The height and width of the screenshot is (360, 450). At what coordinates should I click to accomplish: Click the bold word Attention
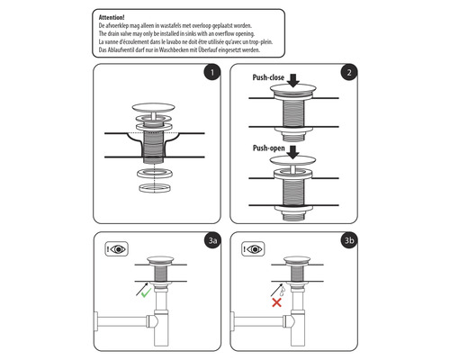112,17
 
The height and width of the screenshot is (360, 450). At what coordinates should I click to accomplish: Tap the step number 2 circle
346,74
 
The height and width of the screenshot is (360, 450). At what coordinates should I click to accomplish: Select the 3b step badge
346,241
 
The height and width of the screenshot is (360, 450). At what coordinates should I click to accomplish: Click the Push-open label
269,148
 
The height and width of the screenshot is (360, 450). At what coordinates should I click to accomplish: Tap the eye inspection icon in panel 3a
115,248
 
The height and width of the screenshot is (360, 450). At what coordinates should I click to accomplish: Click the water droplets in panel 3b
282,289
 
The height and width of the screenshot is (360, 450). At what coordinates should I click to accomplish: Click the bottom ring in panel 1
155,187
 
